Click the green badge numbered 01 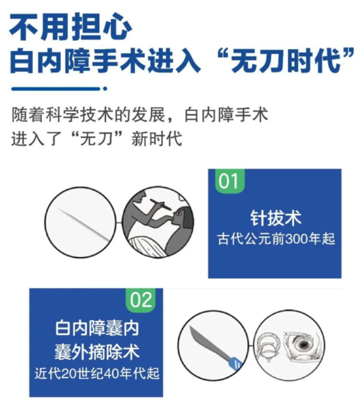229,181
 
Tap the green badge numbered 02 141,300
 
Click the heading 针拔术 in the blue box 276,218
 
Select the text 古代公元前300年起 276,239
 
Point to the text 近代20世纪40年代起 96,374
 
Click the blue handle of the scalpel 235,364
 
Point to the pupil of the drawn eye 304,344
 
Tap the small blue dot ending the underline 105,89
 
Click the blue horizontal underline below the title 56,89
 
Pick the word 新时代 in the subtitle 157,139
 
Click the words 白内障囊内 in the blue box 97,328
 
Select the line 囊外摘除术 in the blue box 97,352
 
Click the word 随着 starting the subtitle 28,114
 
